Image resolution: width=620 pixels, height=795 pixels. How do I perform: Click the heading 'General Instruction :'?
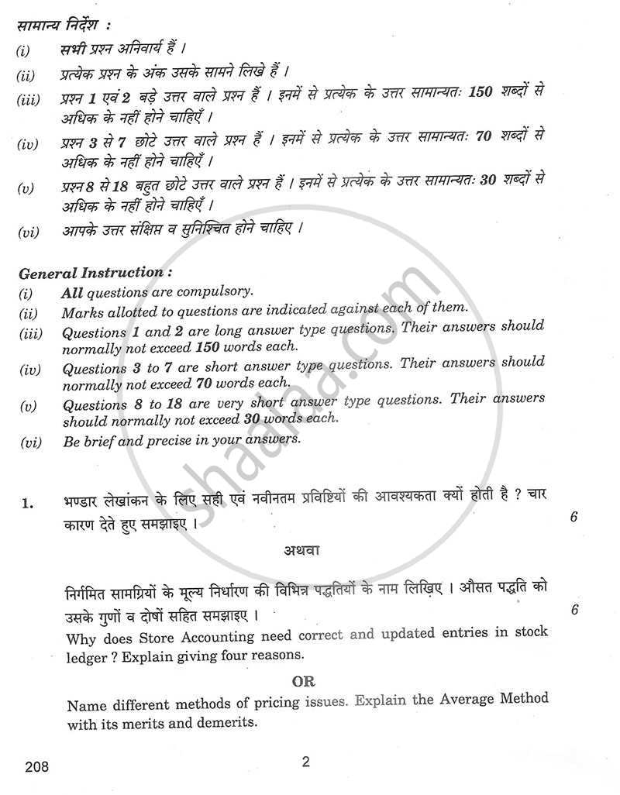click(91, 273)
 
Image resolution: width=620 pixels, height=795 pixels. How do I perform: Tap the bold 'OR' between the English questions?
click(302, 682)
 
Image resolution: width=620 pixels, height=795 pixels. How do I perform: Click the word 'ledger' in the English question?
click(90, 656)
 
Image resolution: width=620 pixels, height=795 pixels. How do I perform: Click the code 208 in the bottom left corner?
click(36, 767)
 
